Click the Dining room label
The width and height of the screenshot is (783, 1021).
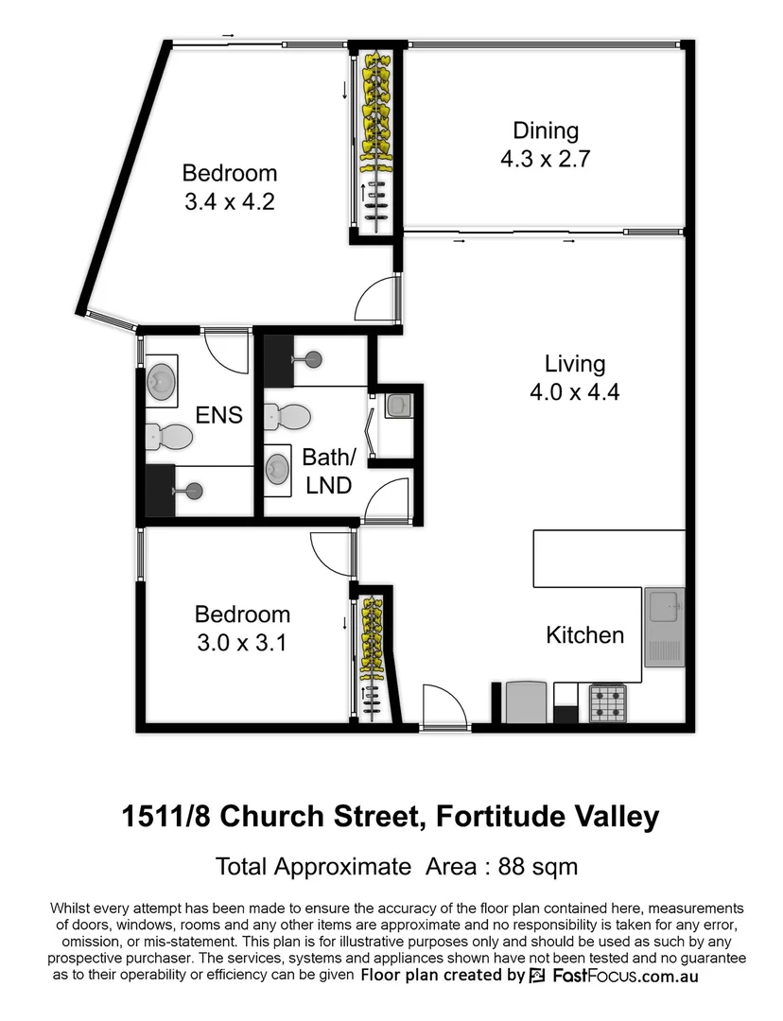pyautogui.click(x=546, y=130)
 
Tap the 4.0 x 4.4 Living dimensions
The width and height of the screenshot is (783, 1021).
pyautogui.click(x=574, y=392)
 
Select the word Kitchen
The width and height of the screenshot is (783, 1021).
pyautogui.click(x=584, y=635)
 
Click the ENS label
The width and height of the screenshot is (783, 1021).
pyautogui.click(x=219, y=414)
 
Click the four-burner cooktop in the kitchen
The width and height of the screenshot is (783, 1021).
pyautogui.click(x=609, y=701)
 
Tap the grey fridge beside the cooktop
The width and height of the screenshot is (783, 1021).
pyautogui.click(x=527, y=701)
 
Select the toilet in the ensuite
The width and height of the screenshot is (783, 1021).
pyautogui.click(x=170, y=436)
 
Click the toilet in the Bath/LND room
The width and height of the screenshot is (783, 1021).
pyautogui.click(x=287, y=415)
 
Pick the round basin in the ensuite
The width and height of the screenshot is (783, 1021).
pyautogui.click(x=161, y=380)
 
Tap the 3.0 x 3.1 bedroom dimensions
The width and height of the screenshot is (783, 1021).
pyautogui.click(x=241, y=644)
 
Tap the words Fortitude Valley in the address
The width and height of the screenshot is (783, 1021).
pyautogui.click(x=548, y=816)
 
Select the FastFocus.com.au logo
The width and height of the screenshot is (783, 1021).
pyautogui.click(x=614, y=976)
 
